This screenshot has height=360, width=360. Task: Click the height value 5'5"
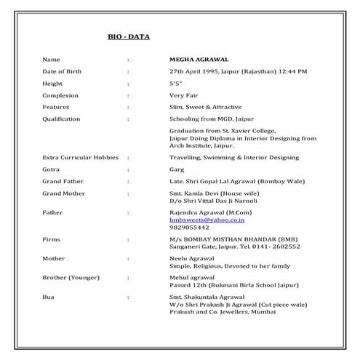(x=175, y=83)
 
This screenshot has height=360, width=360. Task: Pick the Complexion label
(x=60, y=95)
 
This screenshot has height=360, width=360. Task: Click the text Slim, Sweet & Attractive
(x=204, y=107)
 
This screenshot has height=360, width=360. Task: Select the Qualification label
(x=61, y=119)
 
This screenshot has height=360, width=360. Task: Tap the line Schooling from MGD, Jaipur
(x=210, y=119)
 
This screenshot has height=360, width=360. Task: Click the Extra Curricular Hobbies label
(x=81, y=157)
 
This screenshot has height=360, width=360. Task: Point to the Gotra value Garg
(x=176, y=169)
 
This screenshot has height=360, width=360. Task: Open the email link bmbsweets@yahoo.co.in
(x=206, y=219)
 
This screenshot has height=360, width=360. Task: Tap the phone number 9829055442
(x=188, y=227)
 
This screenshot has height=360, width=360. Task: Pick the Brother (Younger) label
(x=72, y=278)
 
